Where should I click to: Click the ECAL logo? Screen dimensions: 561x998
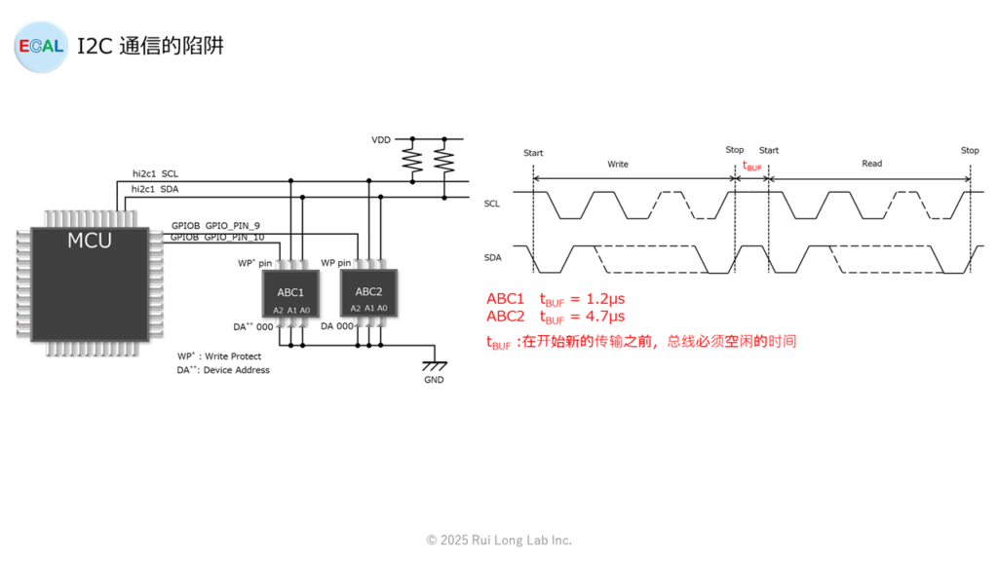(x=41, y=46)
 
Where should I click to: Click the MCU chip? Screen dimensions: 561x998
(x=90, y=282)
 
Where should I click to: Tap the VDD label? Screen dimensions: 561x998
(x=381, y=140)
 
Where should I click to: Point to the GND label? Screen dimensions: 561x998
(x=434, y=380)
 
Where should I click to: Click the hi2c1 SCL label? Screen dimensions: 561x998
(x=156, y=173)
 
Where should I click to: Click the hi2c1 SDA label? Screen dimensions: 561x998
(x=156, y=188)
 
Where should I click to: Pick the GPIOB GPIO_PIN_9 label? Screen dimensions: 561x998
(x=215, y=225)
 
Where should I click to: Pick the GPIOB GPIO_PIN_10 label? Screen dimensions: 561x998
(x=217, y=237)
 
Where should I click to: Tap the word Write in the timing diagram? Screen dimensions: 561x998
(x=618, y=165)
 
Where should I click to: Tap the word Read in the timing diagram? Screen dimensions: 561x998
(x=871, y=164)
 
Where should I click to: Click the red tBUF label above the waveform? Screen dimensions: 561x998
(x=752, y=167)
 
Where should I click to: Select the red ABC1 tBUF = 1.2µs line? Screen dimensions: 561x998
(x=556, y=299)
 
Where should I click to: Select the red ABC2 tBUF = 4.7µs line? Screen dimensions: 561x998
(x=556, y=317)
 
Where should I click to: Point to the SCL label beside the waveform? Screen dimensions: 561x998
(x=492, y=204)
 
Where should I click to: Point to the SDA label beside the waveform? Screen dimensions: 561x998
(x=492, y=257)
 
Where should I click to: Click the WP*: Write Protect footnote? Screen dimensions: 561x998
(x=219, y=356)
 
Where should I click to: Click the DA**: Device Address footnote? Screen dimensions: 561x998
(x=223, y=370)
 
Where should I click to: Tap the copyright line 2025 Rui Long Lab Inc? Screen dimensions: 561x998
(x=499, y=540)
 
